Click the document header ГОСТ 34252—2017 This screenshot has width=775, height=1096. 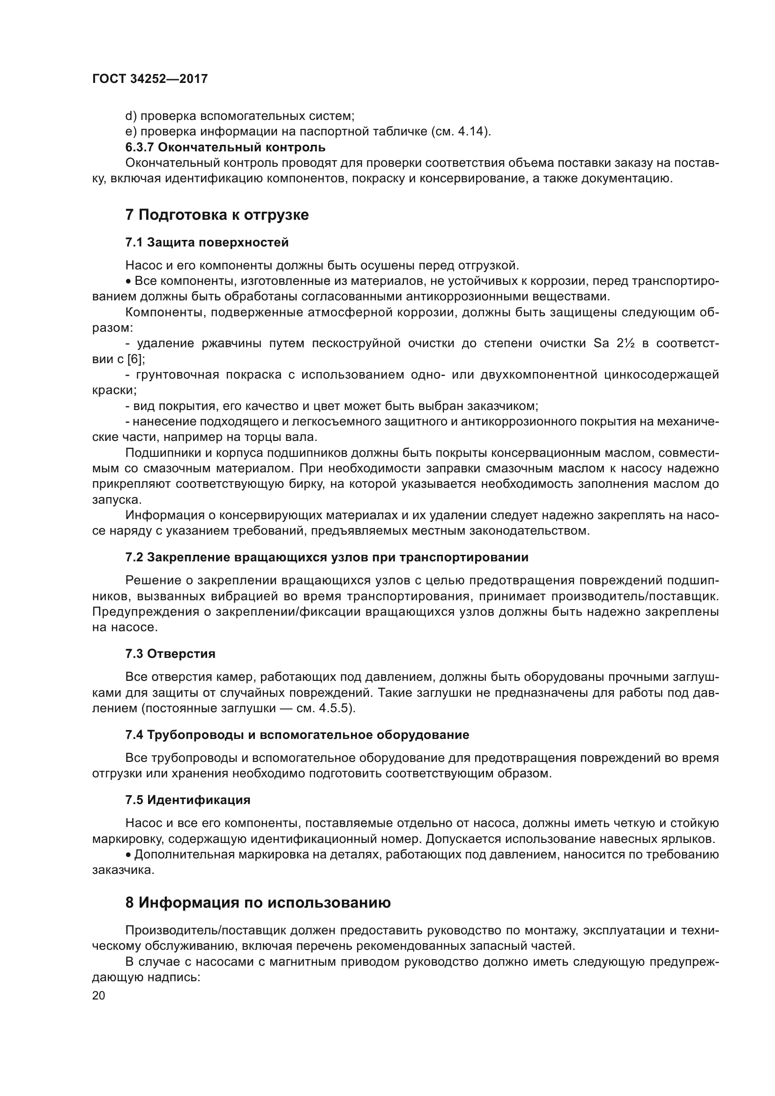tap(150, 79)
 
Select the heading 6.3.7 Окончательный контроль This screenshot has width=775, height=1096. tap(225, 147)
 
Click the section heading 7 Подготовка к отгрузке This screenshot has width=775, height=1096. tap(216, 215)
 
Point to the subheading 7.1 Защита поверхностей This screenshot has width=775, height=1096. tap(207, 243)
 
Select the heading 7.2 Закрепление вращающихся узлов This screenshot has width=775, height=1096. tap(327, 557)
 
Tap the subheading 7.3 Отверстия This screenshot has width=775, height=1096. tap(171, 654)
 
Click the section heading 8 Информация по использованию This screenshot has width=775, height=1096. tap(258, 902)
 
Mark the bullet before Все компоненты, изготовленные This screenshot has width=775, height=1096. tap(129, 282)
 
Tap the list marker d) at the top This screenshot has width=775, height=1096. tap(131, 116)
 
